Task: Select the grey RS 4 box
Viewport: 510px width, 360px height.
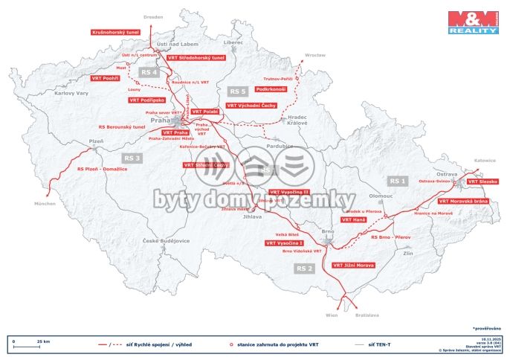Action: coord(149,72)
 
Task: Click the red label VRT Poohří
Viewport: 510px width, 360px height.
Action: coord(106,77)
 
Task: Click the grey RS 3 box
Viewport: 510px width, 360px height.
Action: coord(132,158)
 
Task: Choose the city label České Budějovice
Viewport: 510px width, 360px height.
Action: coord(166,241)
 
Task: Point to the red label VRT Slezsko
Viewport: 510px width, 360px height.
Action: coord(482,181)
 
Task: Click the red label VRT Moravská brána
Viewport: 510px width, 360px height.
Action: coord(462,201)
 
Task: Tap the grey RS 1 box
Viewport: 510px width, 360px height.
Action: coord(398,181)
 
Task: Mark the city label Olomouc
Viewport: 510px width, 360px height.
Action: coord(381,195)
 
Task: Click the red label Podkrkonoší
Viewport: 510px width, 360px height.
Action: coord(271,89)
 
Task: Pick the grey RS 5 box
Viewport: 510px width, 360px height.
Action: coord(238,91)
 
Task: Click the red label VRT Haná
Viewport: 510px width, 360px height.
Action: coord(353,220)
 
